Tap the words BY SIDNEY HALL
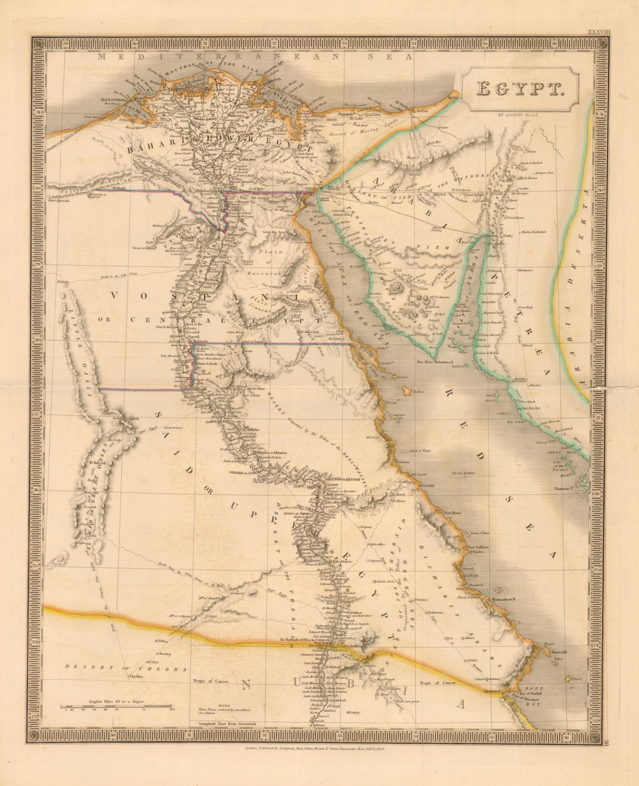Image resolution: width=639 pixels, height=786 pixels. point(520,116)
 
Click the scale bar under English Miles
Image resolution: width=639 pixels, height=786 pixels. point(117,706)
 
